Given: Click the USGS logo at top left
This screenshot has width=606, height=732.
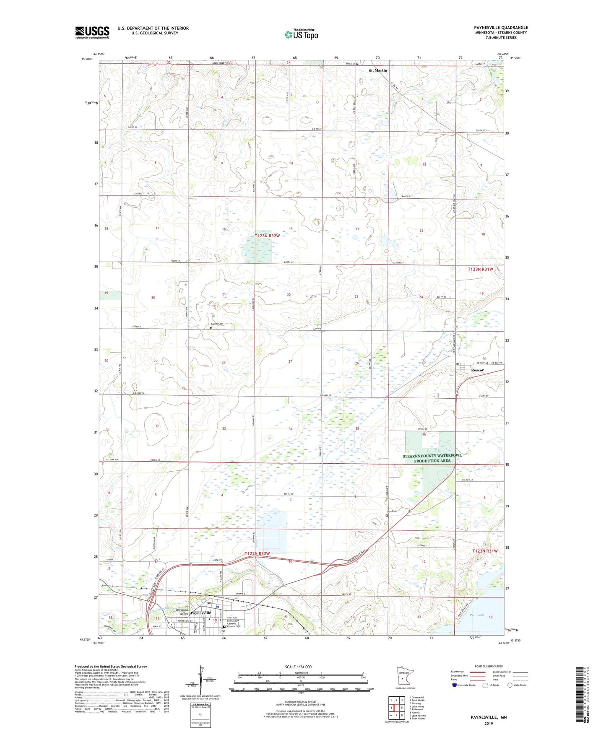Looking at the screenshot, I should coord(92,32).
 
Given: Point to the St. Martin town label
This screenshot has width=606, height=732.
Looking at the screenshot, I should coord(378,70).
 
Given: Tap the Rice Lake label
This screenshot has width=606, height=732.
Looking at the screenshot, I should coord(477,615).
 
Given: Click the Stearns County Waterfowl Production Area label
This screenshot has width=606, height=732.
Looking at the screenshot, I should coord(432,458).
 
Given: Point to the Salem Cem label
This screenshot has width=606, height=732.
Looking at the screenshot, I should coord(217,324).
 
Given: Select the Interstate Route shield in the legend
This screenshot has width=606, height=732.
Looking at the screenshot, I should coord(455,685).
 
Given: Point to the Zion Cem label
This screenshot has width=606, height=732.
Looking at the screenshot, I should coord(392,511).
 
